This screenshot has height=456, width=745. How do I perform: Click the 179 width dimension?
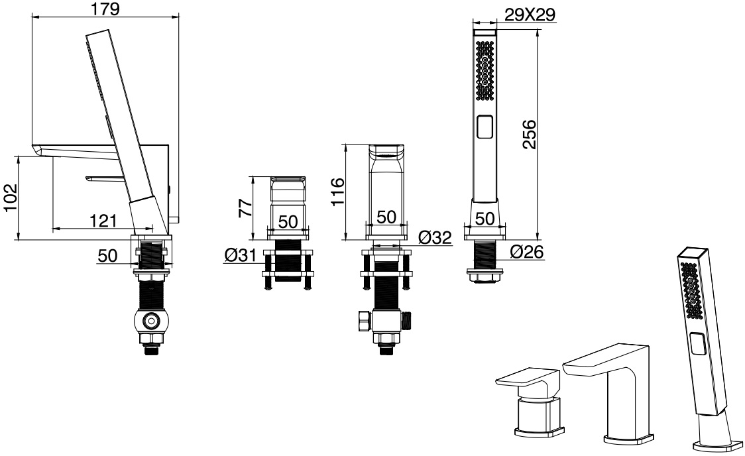(105, 9)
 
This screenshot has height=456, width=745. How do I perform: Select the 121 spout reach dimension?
(103, 221)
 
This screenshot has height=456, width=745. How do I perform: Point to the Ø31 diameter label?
(241, 256)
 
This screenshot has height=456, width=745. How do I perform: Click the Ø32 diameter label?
(435, 237)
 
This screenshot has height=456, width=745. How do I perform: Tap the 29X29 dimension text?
(530, 15)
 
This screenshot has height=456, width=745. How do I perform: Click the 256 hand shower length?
(529, 135)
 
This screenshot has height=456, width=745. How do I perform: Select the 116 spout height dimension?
(337, 192)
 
